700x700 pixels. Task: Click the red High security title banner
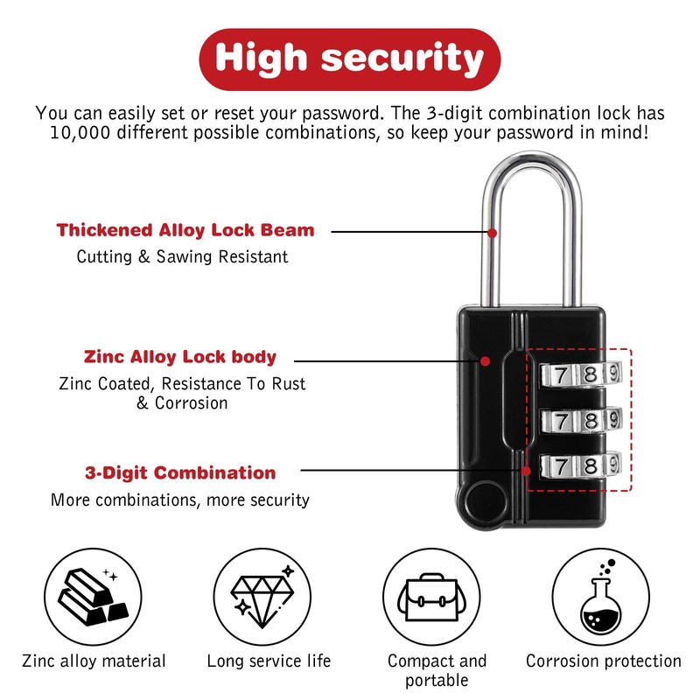coord(350,58)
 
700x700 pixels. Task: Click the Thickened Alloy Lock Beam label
coord(185,231)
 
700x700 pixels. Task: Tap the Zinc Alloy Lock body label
coord(180,357)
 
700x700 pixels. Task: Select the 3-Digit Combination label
coord(180,473)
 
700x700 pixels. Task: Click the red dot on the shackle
coord(493,233)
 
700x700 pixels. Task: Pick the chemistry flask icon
coord(603,598)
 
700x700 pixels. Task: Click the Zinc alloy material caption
coord(94,661)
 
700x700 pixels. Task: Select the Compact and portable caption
coord(437,670)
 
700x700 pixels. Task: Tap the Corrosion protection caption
coord(604,661)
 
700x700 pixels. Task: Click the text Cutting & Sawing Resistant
coord(182,257)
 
